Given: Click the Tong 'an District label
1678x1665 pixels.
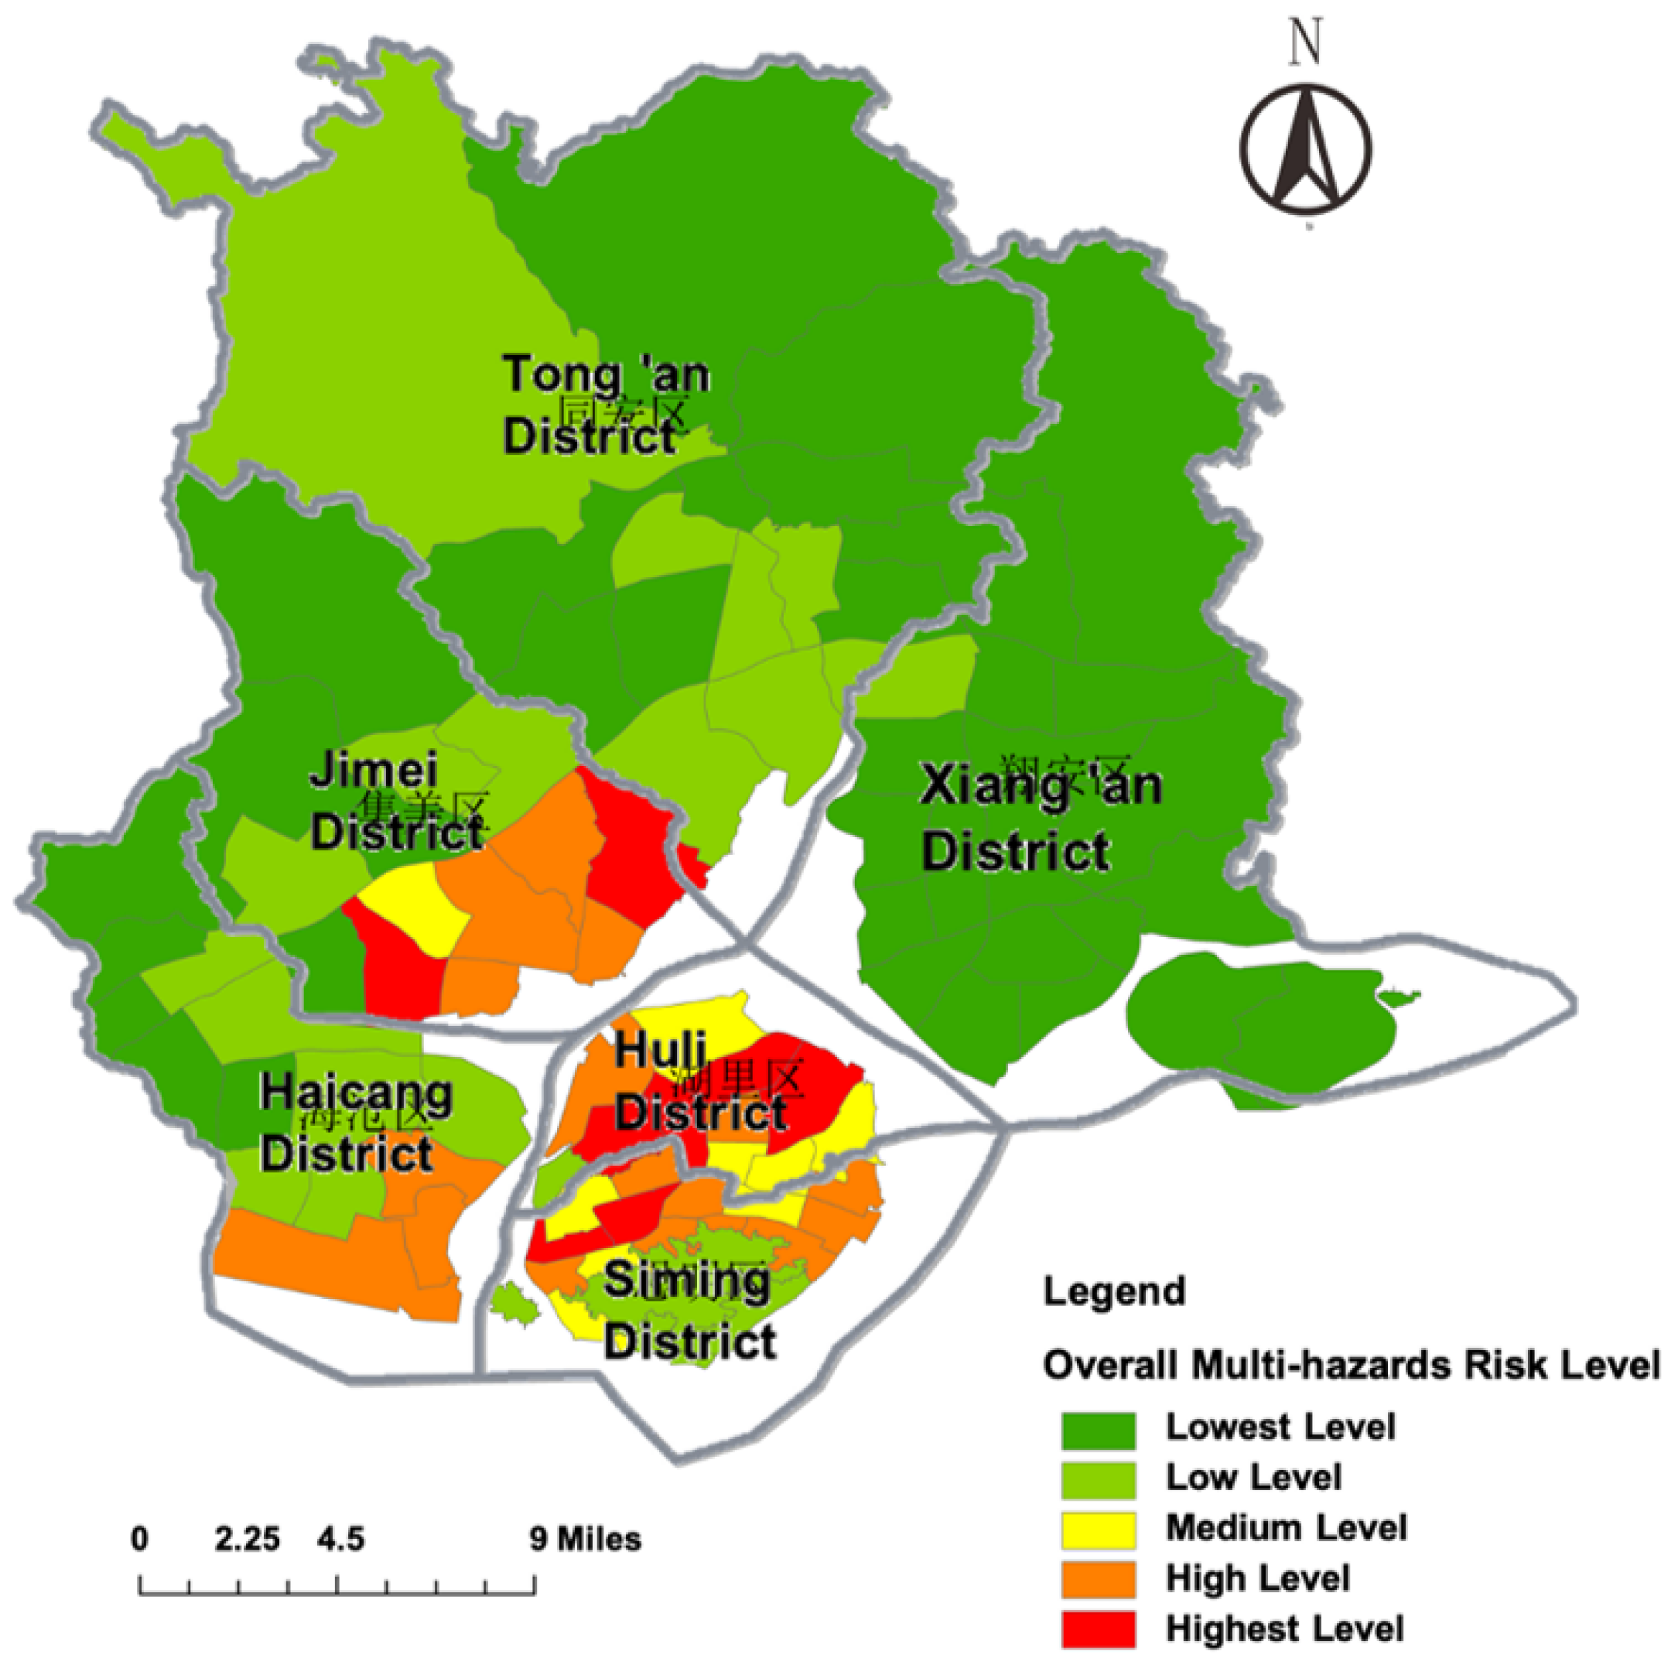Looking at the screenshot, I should [x=606, y=405].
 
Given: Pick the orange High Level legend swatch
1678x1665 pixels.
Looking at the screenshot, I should [x=1098, y=1578].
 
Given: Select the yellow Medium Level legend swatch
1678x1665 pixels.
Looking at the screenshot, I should [x=1098, y=1529].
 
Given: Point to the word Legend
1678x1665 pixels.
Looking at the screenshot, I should [x=1114, y=1291].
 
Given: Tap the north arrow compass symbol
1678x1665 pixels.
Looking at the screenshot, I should [x=1304, y=149].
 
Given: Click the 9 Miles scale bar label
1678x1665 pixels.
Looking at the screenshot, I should [x=586, y=1539].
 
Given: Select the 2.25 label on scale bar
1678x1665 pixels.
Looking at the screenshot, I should [x=248, y=1539].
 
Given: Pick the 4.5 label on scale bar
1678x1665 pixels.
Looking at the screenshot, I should [x=340, y=1539].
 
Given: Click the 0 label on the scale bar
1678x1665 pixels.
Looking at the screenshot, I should [x=140, y=1539].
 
